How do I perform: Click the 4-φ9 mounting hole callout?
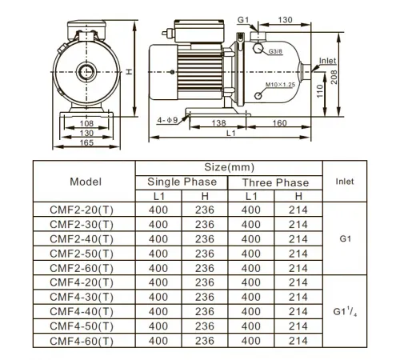168,119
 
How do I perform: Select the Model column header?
86,182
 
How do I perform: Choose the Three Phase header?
275,182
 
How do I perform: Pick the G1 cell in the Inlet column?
346,238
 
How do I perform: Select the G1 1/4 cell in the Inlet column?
346,311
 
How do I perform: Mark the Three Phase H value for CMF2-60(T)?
298,267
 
